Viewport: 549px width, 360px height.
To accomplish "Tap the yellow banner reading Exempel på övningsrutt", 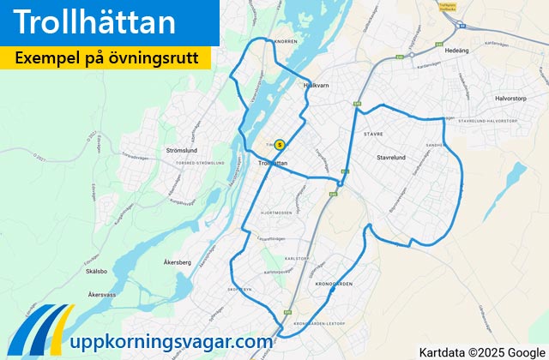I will (x=106, y=58).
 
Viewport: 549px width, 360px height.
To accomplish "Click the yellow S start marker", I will (x=279, y=145).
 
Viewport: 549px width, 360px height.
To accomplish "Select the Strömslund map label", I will (x=183, y=150).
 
